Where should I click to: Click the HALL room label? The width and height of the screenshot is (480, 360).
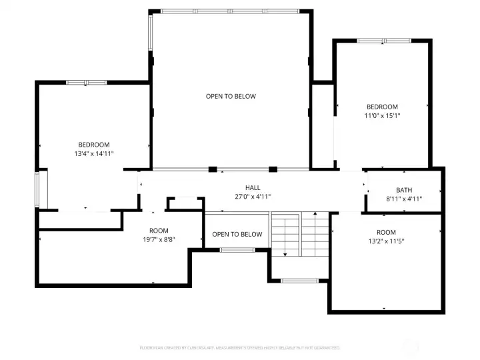pyautogui.click(x=253, y=188)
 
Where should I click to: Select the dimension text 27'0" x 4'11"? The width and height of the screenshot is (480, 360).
pyautogui.click(x=253, y=197)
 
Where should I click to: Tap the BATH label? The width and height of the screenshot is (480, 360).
pyautogui.click(x=404, y=190)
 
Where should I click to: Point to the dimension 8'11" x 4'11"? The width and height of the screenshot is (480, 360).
pyautogui.click(x=404, y=199)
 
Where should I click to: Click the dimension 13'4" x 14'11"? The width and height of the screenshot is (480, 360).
pyautogui.click(x=94, y=153)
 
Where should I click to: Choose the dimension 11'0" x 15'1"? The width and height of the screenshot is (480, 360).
pyautogui.click(x=382, y=115)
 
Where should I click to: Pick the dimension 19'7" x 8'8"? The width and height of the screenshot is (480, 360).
pyautogui.click(x=159, y=239)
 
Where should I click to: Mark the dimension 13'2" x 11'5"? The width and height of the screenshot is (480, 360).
pyautogui.click(x=386, y=241)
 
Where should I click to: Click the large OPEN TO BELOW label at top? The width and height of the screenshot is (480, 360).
pyautogui.click(x=231, y=97)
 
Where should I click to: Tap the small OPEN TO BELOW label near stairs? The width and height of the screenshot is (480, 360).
pyautogui.click(x=237, y=234)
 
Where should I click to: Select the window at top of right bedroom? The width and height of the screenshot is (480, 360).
pyautogui.click(x=383, y=41)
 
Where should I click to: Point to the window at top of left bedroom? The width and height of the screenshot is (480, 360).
pyautogui.click(x=86, y=83)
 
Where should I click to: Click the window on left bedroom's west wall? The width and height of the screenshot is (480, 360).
pyautogui.click(x=38, y=189)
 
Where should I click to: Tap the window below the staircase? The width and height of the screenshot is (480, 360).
pyautogui.click(x=299, y=281)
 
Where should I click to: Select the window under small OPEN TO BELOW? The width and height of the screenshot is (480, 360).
pyautogui.click(x=237, y=250)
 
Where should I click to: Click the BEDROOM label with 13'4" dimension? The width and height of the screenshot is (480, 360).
pyautogui.click(x=94, y=145)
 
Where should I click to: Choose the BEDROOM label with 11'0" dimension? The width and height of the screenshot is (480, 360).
pyautogui.click(x=382, y=107)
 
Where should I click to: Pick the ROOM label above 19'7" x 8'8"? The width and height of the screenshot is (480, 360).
pyautogui.click(x=159, y=231)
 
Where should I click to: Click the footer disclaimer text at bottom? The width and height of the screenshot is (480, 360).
pyautogui.click(x=240, y=348)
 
